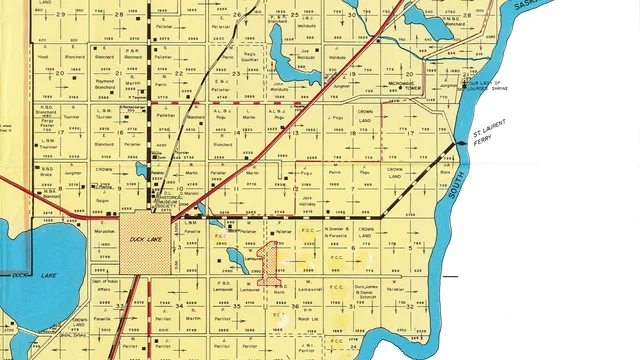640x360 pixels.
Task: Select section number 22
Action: tap(178, 74)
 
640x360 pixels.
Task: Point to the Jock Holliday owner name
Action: tap(307, 201)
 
